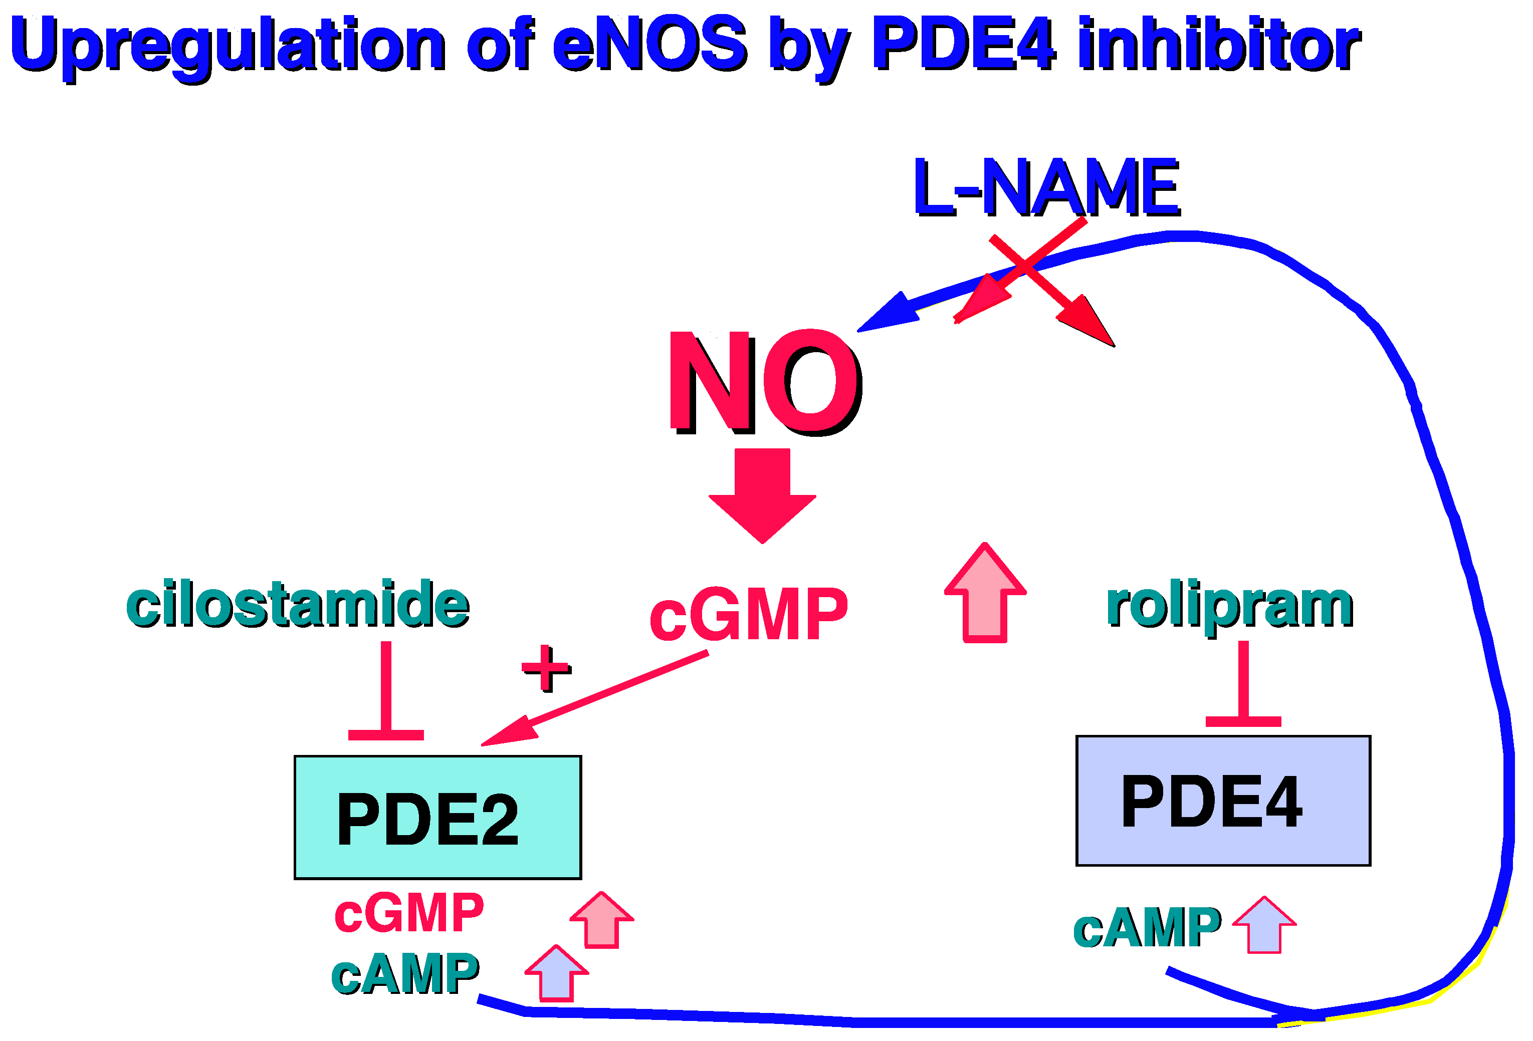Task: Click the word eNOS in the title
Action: click(650, 45)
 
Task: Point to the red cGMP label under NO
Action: click(748, 615)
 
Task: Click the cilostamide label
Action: click(298, 603)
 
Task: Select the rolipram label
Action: click(1230, 605)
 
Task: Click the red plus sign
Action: click(546, 668)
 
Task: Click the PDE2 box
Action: click(437, 818)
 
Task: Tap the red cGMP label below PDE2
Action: click(409, 913)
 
